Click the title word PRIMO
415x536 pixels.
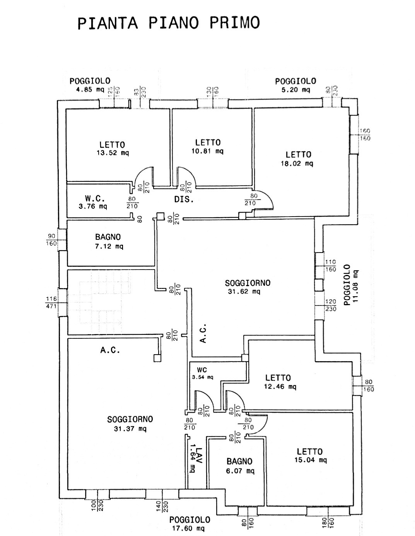[235, 22]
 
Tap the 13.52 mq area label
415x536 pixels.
[113, 153]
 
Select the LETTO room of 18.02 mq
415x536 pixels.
[298, 159]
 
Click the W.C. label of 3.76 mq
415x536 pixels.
[93, 202]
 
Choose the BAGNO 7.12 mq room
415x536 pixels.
[109, 241]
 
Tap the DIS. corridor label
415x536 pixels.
[184, 200]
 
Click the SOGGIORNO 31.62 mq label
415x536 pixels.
[248, 287]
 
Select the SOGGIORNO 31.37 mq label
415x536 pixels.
[130, 423]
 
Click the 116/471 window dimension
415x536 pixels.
[51, 302]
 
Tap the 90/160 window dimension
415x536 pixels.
[51, 240]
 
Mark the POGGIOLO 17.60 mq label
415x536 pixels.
[190, 524]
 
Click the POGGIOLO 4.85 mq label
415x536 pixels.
[90, 85]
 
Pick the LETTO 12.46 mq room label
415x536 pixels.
[280, 382]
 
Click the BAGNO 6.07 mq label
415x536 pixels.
[240, 465]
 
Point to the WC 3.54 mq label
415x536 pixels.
[202, 374]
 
